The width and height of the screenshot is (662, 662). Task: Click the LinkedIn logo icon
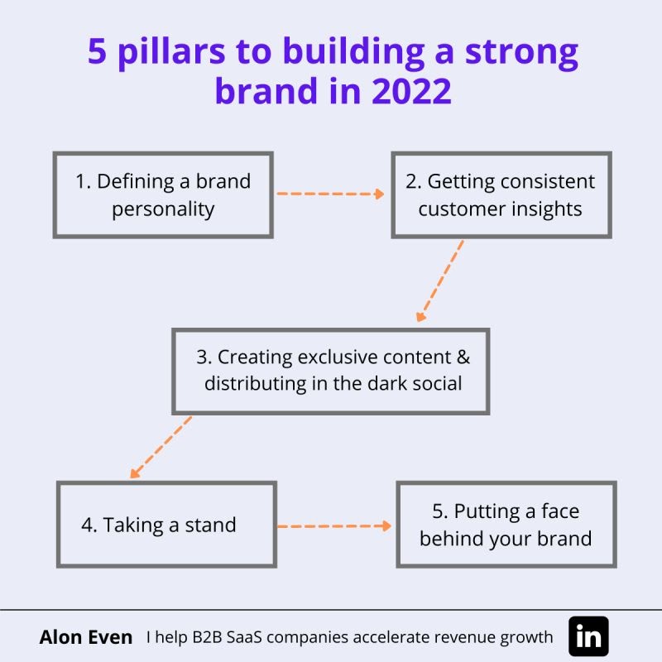click(x=588, y=636)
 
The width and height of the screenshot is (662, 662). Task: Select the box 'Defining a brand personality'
click(x=163, y=195)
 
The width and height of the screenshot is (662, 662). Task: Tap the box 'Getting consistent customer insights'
click(x=501, y=195)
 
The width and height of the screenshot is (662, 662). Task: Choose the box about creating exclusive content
click(x=330, y=371)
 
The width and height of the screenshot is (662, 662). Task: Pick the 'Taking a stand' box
click(x=166, y=525)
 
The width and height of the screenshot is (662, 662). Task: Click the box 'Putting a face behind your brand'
click(x=506, y=525)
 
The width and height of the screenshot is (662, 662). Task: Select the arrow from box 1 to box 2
click(x=330, y=194)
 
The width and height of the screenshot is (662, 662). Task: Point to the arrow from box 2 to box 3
click(x=440, y=281)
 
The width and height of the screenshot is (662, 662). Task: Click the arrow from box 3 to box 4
click(x=161, y=447)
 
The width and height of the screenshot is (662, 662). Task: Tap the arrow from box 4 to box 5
click(x=334, y=526)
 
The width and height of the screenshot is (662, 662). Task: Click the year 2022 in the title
click(x=411, y=91)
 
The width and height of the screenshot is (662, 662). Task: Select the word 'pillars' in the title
click(x=171, y=52)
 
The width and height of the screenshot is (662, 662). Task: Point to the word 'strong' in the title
click(x=521, y=53)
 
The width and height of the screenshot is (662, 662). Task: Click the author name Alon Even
click(x=86, y=636)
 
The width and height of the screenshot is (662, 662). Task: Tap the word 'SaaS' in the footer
click(x=244, y=636)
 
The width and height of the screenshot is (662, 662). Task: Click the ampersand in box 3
click(x=463, y=357)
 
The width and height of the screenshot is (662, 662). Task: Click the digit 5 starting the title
click(x=97, y=50)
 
